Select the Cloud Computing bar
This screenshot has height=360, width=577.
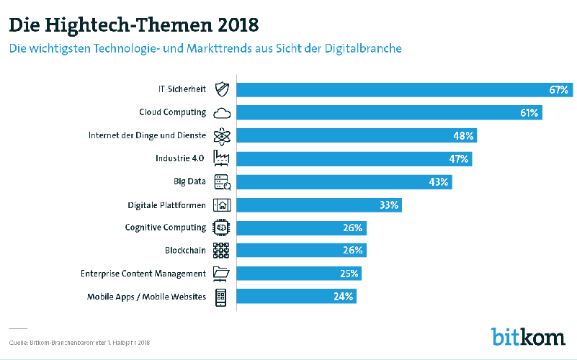(390, 112)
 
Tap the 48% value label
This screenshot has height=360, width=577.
(463, 135)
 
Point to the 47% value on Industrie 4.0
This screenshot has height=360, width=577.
(459, 158)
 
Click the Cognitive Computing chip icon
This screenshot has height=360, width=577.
(221, 228)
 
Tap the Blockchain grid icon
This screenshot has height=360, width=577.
(221, 251)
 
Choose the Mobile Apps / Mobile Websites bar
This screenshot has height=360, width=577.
(297, 296)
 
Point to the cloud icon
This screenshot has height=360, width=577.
(221, 113)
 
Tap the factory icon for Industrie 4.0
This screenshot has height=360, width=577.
(221, 158)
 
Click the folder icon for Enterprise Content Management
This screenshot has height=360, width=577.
(221, 274)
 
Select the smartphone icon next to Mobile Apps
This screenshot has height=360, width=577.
(221, 297)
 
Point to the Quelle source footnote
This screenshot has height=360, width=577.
(79, 341)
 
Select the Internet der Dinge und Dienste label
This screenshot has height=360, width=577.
(147, 135)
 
